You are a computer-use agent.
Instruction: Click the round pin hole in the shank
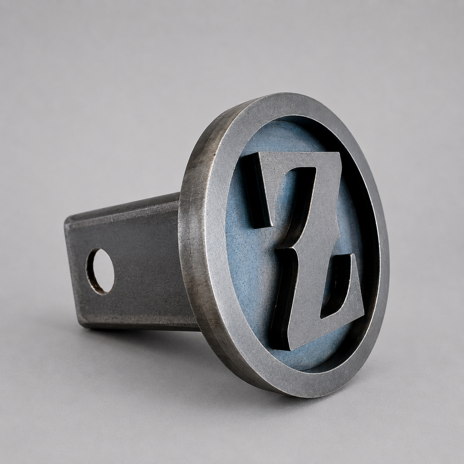click(x=100, y=271)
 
